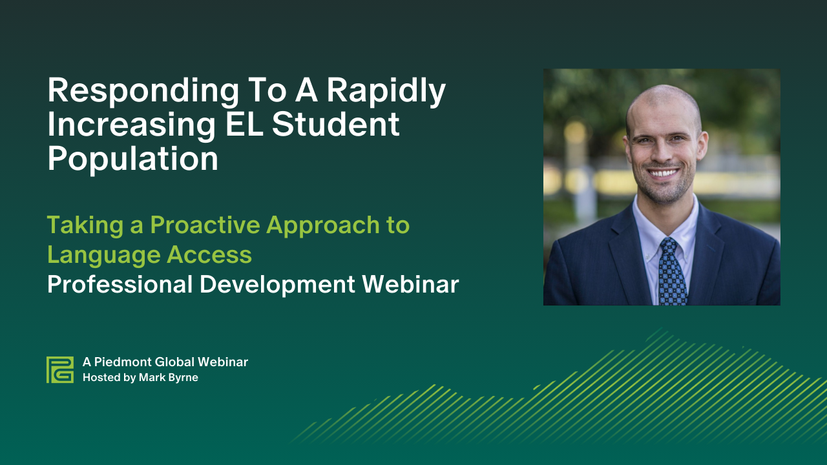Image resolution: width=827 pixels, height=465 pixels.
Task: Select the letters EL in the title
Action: point(244,124)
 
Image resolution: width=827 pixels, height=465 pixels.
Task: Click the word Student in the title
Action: point(336,124)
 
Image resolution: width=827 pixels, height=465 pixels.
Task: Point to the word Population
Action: point(133,159)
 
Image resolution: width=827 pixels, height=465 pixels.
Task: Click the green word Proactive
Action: point(205,225)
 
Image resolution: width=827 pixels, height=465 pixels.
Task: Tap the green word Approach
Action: point(323,226)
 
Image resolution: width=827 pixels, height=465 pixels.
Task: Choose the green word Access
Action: point(209,254)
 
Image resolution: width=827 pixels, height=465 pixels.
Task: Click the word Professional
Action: point(120,285)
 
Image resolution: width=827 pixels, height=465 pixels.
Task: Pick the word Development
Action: point(277,285)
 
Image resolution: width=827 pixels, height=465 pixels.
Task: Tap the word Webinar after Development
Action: point(410,285)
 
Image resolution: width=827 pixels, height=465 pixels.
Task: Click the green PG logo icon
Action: point(60,369)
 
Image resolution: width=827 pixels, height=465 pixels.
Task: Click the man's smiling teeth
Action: point(664,172)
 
